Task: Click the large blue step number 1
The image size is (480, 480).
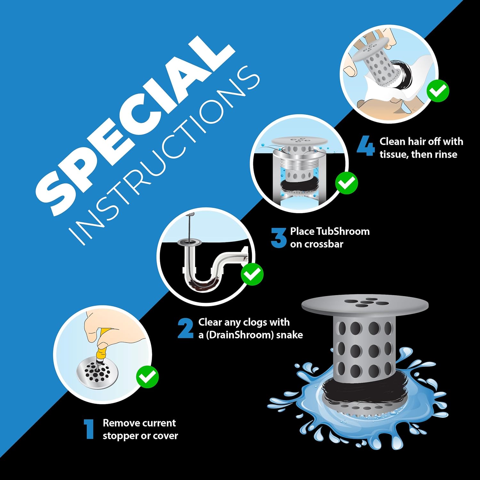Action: pos(89,429)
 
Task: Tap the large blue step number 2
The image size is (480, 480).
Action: pos(186,328)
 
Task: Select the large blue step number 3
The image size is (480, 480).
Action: pos(278,237)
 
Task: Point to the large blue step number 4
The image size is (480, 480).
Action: pos(366,146)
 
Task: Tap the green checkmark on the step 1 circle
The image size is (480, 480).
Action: pos(148,377)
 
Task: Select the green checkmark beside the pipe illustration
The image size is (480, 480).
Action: pos(252,274)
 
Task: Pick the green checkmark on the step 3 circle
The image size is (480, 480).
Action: pos(347,183)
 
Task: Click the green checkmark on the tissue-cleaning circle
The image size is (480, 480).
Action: pos(438,91)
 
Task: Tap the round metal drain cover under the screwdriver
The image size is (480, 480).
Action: pos(97,373)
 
